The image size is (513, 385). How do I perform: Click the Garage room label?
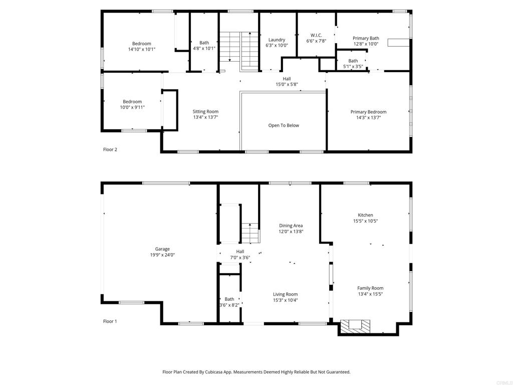[162, 249]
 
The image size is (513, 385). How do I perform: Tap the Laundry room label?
[277, 40]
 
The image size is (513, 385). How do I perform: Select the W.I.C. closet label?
[316, 35]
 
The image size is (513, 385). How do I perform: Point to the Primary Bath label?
[366, 38]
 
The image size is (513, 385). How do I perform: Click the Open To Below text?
[284, 125]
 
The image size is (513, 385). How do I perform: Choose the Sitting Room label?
[205, 111]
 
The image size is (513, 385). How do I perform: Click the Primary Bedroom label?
[368, 112]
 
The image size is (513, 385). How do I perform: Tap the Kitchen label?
[365, 215]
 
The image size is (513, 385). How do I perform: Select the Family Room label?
[370, 288]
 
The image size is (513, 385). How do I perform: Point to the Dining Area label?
[291, 226]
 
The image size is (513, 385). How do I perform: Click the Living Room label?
[285, 294]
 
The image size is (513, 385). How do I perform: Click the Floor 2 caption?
[110, 149]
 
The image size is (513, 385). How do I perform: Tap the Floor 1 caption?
[110, 321]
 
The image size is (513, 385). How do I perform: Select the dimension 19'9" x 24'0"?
[162, 255]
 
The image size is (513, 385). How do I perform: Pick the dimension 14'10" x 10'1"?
[141, 49]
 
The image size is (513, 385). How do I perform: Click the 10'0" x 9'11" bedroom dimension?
[132, 107]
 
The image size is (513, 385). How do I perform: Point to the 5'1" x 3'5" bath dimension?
[353, 66]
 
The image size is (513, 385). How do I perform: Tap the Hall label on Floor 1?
[240, 252]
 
